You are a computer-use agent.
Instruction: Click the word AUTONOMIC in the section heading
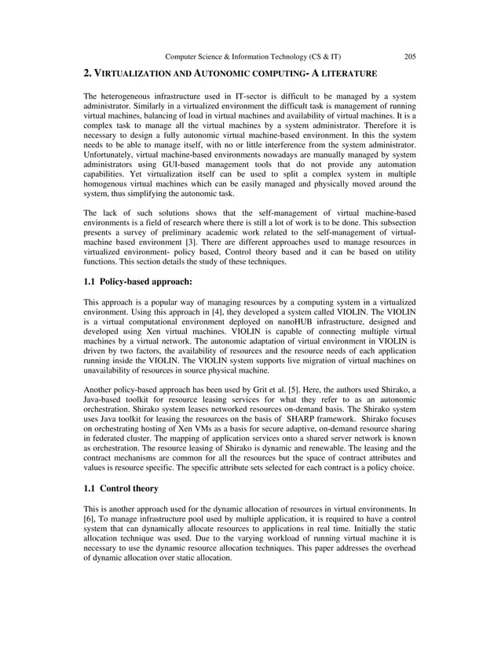tap(229, 74)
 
